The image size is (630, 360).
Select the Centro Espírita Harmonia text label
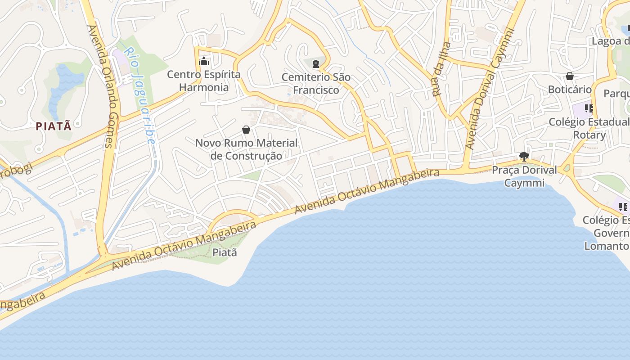tap(204, 81)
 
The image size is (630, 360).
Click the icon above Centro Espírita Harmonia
tap(204, 61)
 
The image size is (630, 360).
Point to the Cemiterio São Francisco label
tap(316, 83)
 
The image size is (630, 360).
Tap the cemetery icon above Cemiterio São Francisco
tap(316, 64)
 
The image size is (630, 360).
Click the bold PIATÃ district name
tap(54, 126)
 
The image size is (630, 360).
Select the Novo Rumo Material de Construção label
tap(246, 149)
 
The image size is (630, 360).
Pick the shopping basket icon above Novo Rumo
tap(246, 130)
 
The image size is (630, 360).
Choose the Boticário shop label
tap(570, 89)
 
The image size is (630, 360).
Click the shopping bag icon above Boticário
tap(570, 76)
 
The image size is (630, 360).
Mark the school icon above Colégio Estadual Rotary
tap(589, 108)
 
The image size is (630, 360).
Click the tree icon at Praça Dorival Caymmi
tap(524, 157)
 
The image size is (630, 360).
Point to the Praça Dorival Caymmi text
tap(524, 176)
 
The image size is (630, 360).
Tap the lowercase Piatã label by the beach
tap(225, 252)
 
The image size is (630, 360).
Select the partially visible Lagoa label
tap(611, 41)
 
